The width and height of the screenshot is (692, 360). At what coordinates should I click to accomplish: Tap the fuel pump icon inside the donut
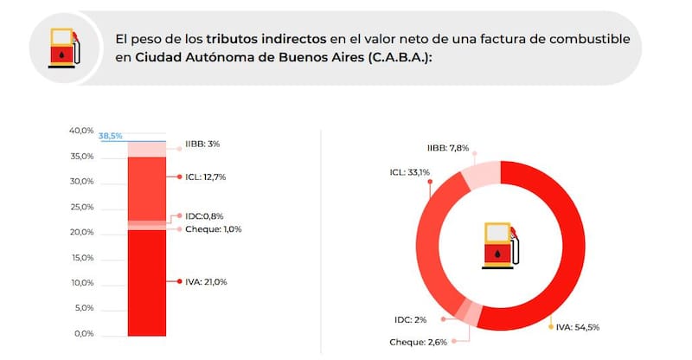point(499,244)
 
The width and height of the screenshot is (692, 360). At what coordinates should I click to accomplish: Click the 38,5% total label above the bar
point(111,137)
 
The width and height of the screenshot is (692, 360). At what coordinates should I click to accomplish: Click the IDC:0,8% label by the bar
point(205,215)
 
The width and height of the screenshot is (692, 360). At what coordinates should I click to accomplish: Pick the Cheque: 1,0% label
point(213,229)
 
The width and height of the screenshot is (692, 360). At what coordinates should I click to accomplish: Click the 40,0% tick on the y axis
point(81,131)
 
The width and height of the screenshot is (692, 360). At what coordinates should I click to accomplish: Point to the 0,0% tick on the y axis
point(84,334)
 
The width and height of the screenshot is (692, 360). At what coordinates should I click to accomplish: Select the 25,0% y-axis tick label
point(81,207)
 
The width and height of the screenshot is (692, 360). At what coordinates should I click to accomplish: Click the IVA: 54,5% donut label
point(577,327)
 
